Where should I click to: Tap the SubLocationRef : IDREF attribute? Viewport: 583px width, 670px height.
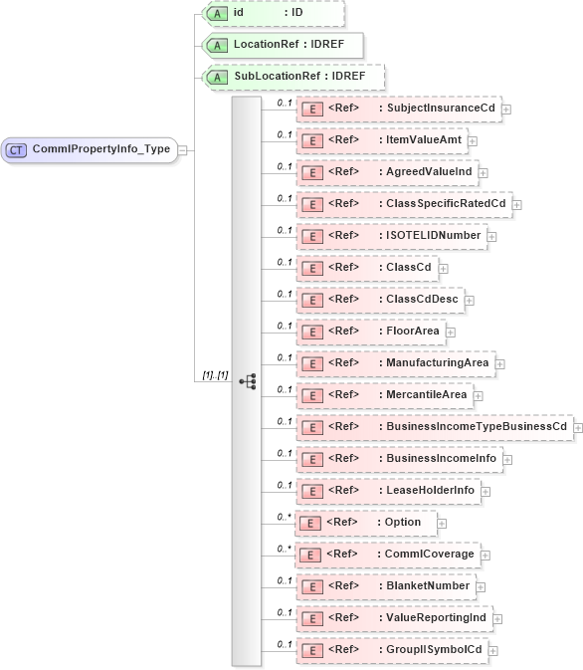coord(292,77)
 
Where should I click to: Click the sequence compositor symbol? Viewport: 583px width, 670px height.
coord(247,381)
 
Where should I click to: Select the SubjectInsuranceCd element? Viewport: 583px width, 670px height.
coord(398,109)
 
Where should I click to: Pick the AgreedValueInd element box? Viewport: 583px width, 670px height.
coord(387,172)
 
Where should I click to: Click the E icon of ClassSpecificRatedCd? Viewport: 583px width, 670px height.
coord(311,204)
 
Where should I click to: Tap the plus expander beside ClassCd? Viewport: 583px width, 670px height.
coord(443,269)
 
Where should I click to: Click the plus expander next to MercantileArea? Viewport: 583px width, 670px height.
coord(478,396)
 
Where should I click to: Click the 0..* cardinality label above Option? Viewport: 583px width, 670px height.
coord(285,517)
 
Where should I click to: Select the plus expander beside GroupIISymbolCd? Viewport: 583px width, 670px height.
coord(492,651)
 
